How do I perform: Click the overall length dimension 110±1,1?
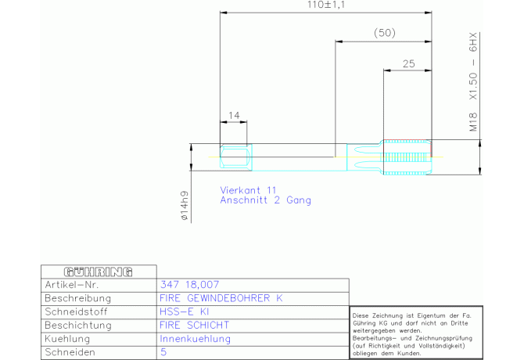tap(326, 5)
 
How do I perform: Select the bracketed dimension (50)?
tap(385, 33)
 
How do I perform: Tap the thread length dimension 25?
tap(409, 63)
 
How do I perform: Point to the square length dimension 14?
tap(234, 115)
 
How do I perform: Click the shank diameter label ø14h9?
tap(184, 206)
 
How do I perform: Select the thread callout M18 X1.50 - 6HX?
tap(473, 82)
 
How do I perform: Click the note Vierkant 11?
tap(248, 190)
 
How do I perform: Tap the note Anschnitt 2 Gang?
tap(266, 200)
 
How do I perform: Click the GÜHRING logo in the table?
tap(99, 272)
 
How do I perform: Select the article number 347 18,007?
tap(189, 285)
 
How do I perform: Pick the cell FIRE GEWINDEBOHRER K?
tap(221, 298)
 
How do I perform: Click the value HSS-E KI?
tap(184, 311)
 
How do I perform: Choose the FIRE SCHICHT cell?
tap(195, 326)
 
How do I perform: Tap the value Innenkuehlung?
tap(196, 339)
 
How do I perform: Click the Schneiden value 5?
tap(163, 352)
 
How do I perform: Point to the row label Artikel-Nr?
tap(72, 285)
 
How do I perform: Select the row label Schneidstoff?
tap(76, 311)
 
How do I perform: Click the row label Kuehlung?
tap(67, 339)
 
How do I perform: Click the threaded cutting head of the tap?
tap(407, 157)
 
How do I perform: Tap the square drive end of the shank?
tap(236, 157)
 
